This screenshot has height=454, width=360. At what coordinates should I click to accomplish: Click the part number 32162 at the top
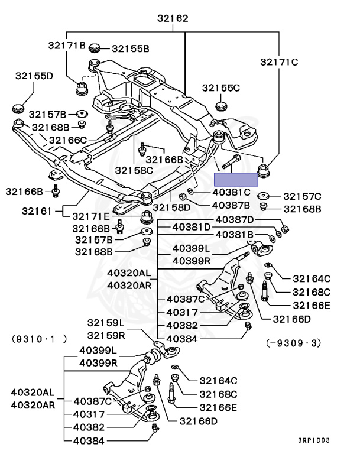point(173,18)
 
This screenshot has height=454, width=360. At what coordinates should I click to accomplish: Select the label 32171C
point(280,60)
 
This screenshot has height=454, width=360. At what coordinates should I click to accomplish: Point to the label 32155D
point(34,76)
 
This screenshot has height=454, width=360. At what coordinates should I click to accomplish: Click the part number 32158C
point(134,170)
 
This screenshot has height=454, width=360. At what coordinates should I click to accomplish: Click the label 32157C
point(302,196)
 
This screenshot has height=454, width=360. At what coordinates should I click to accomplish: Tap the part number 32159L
point(106,323)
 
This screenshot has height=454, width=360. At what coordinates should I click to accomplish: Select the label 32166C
point(68,140)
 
